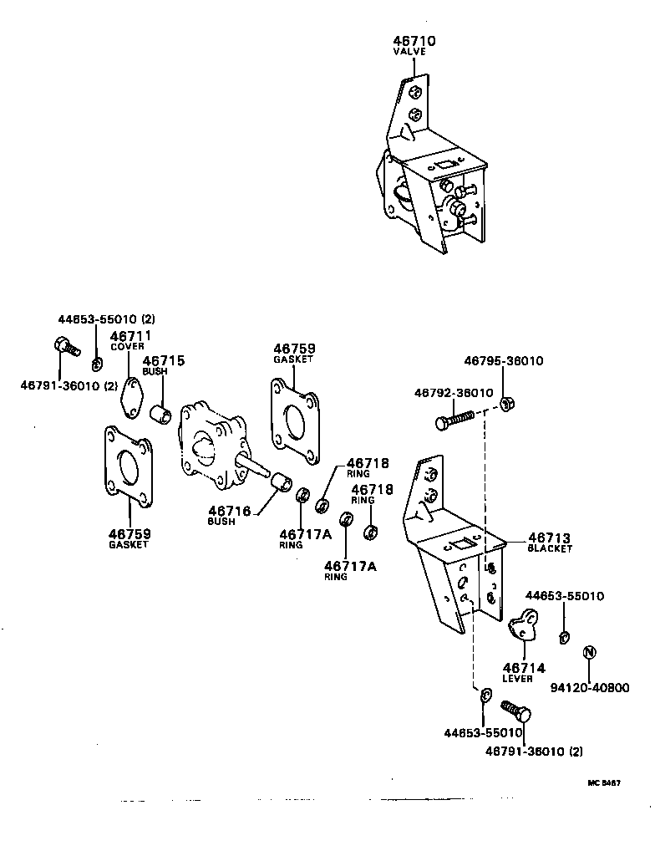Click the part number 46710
point(414,41)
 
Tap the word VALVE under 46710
point(409,52)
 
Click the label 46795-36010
point(504,361)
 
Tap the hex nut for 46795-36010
point(506,405)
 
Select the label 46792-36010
point(454,392)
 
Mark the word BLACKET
point(550,549)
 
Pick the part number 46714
point(524,668)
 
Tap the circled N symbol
point(589,653)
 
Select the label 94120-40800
point(590,688)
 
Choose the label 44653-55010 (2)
point(106,318)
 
